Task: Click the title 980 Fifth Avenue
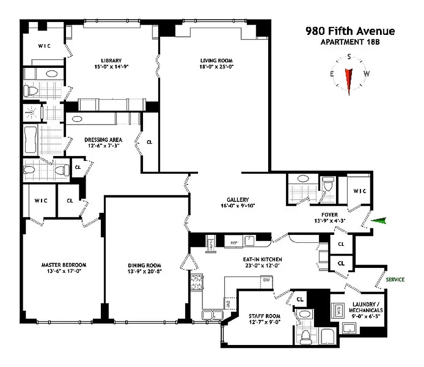pos(350,31)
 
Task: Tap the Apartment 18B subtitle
pos(350,42)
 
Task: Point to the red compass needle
pos(349,81)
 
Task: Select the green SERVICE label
pos(395,279)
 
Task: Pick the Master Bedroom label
pos(64,265)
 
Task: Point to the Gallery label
pos(237,200)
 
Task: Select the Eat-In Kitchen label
pos(262,259)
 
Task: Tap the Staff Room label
pos(264,316)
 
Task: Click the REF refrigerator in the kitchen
pos(233,242)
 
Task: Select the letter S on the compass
pos(349,56)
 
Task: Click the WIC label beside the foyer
pos(359,191)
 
